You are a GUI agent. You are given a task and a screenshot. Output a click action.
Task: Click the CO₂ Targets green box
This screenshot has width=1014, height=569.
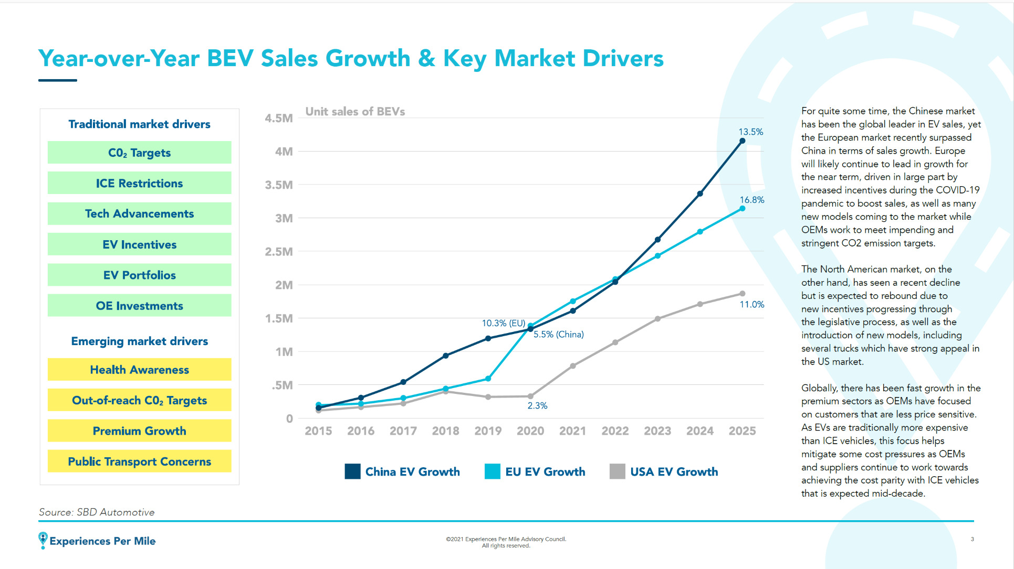point(139,153)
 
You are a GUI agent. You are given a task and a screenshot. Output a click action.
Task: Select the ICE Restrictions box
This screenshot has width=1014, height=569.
point(139,183)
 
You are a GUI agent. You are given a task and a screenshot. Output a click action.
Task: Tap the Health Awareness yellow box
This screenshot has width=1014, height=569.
point(139,370)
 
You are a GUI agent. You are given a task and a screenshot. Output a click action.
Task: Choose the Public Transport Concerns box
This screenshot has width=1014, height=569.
point(139,461)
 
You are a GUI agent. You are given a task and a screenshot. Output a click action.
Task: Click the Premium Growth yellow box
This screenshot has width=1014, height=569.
point(139,431)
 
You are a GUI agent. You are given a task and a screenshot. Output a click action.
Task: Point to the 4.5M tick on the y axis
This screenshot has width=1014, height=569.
point(279,119)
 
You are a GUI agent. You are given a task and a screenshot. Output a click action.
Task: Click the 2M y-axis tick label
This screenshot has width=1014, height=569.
point(284,285)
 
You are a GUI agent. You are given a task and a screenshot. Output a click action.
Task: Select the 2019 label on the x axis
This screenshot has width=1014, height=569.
point(488,431)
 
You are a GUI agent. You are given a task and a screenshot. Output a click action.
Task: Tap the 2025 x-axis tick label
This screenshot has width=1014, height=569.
point(742,431)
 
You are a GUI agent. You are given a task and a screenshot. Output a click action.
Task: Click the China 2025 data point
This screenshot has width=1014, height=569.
point(742,141)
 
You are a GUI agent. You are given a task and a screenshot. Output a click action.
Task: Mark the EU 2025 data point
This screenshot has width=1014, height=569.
point(742,209)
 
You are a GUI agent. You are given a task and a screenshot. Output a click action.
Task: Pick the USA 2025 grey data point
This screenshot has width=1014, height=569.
point(742,294)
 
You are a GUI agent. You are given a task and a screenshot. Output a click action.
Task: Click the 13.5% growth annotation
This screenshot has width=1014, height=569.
point(750,132)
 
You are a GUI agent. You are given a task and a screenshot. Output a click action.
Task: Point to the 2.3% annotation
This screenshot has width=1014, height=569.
point(537,405)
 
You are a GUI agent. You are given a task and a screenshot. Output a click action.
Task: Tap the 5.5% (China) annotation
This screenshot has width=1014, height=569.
point(558,335)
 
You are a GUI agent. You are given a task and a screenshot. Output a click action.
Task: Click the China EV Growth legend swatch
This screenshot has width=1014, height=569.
point(352,471)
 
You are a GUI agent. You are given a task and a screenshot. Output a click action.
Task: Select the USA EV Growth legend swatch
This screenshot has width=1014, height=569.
point(617,471)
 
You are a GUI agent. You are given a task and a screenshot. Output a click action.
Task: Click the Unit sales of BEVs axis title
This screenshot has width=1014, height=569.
point(355,112)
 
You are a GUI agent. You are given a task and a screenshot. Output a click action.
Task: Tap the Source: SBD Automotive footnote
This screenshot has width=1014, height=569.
point(97,512)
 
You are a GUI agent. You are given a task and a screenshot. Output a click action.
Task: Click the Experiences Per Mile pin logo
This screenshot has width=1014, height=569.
point(43,540)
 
